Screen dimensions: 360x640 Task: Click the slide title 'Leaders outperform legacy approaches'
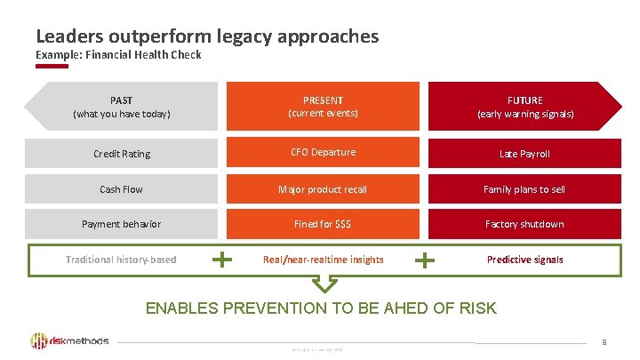[x=207, y=36]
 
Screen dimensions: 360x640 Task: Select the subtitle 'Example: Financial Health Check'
[x=118, y=55]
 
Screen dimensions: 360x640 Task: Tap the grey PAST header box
[x=121, y=107]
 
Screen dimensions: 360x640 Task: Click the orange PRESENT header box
[x=323, y=107]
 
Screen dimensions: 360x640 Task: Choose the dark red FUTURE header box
[x=524, y=107]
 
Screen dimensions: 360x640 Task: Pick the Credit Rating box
[x=122, y=154]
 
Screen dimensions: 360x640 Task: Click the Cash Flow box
[x=122, y=189]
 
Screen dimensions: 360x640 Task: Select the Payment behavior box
[x=122, y=224]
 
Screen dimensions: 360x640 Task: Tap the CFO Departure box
[x=323, y=153]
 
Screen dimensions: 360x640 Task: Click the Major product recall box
[x=323, y=189]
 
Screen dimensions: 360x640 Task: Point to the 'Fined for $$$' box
[x=323, y=224]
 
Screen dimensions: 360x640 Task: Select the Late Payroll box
[x=524, y=154]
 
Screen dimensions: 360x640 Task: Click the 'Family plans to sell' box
[x=524, y=189]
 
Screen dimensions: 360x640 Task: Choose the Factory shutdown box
[x=524, y=224]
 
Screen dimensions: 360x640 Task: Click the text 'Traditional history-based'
[x=121, y=260]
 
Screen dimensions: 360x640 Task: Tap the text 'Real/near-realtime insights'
[x=324, y=260]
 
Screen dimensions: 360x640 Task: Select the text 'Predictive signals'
[x=524, y=260]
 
